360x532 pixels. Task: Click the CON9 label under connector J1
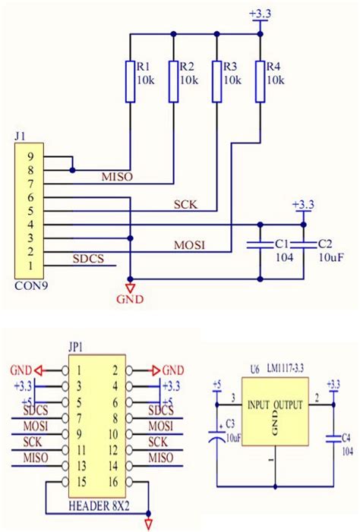point(29,286)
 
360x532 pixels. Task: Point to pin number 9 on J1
point(30,157)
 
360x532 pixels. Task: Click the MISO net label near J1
point(116,177)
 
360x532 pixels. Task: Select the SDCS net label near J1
point(90,259)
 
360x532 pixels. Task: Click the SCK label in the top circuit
point(185,203)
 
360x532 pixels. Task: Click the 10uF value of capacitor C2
point(330,258)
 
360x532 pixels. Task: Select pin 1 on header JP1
point(77,370)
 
